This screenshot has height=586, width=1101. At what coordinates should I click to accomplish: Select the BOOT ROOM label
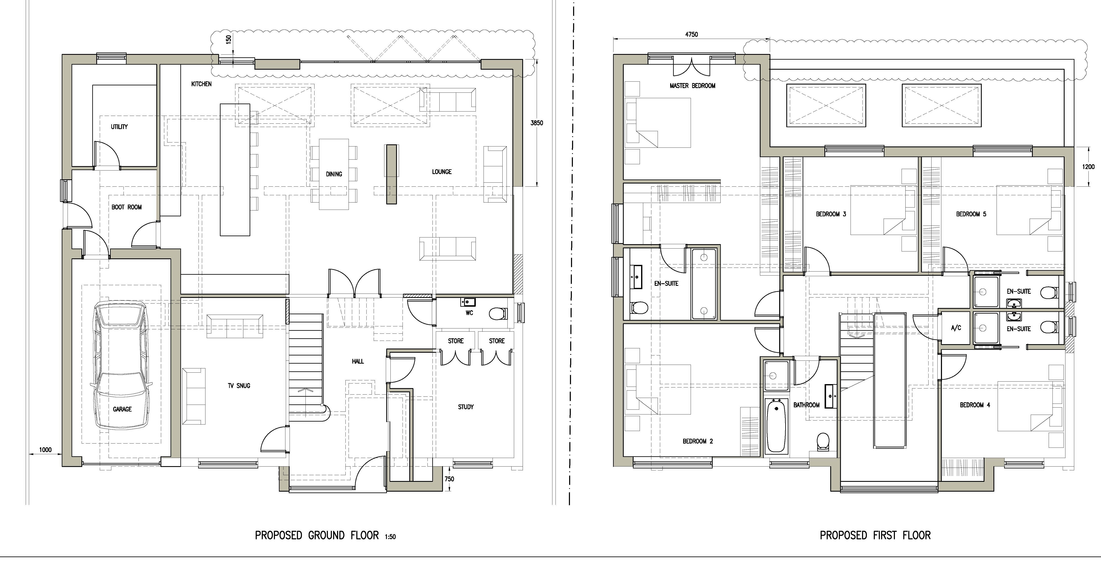pyautogui.click(x=127, y=207)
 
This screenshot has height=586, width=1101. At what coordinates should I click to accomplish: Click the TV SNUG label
pyautogui.click(x=239, y=386)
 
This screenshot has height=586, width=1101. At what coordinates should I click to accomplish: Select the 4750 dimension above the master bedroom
pyautogui.click(x=692, y=34)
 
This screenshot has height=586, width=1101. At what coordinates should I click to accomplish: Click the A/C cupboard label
pyautogui.click(x=956, y=328)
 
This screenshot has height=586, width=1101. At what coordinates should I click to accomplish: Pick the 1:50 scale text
pyautogui.click(x=390, y=537)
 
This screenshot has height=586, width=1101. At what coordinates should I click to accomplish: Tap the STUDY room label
pyautogui.click(x=466, y=407)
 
